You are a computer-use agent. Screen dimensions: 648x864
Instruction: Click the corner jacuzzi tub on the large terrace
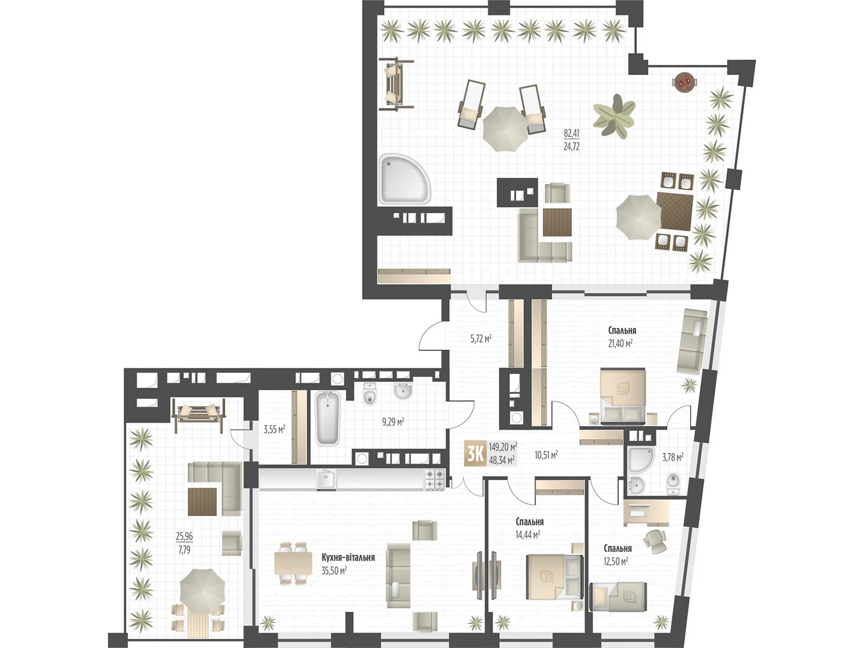[404, 179]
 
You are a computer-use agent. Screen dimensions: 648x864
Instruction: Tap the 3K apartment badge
[475, 454]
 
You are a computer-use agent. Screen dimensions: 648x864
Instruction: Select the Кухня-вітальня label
[348, 557]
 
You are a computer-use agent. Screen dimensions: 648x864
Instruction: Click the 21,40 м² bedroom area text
[620, 343]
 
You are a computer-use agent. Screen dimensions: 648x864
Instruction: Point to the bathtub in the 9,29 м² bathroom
[327, 418]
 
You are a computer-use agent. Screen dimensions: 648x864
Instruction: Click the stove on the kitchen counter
[435, 479]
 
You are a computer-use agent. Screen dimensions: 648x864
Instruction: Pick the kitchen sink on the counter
[326, 478]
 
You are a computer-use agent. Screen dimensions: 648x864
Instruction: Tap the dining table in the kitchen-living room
[293, 563]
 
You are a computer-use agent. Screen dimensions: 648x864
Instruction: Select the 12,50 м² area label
[616, 562]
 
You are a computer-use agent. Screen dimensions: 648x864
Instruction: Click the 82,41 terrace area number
[571, 133]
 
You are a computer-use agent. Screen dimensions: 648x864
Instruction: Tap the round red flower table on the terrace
[684, 82]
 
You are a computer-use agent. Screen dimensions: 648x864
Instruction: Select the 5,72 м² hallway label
[481, 339]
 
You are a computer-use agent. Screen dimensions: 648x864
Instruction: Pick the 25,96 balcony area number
[184, 537]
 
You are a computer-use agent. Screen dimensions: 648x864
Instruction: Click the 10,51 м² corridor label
[546, 455]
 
